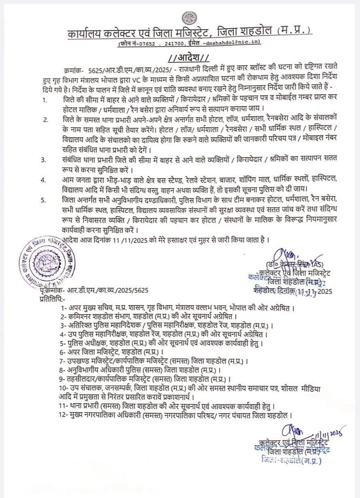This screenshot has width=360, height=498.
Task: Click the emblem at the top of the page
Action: pyautogui.click(x=187, y=18)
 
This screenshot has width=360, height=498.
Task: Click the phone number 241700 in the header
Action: pyautogui.click(x=174, y=42)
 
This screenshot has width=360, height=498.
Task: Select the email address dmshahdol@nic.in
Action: pyautogui.click(x=233, y=42)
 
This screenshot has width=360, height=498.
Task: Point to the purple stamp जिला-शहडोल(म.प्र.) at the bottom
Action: pyautogui.click(x=292, y=460)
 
